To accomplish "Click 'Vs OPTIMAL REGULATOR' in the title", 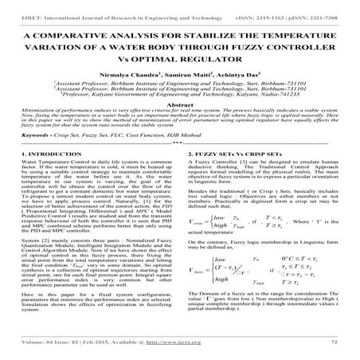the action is [x=180, y=57].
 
